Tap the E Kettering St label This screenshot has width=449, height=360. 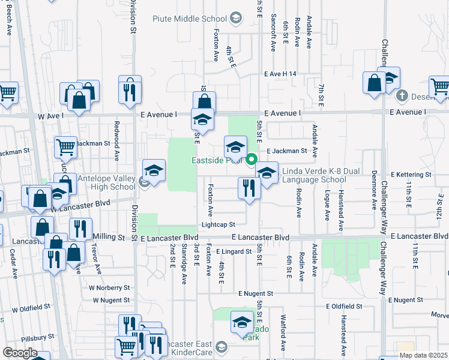411,175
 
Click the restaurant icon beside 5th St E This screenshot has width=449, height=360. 247,188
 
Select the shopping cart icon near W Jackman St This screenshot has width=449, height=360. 65,146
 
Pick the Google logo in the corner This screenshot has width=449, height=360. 19,353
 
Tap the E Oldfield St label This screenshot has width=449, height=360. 346,306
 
